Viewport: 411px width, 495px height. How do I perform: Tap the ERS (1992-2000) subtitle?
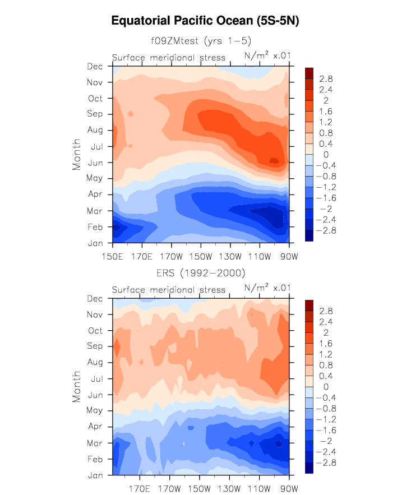(201, 273)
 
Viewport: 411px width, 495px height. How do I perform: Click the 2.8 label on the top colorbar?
(326, 79)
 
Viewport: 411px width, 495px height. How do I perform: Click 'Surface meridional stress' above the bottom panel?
(169, 290)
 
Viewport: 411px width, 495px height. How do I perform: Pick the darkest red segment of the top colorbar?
(308, 73)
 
